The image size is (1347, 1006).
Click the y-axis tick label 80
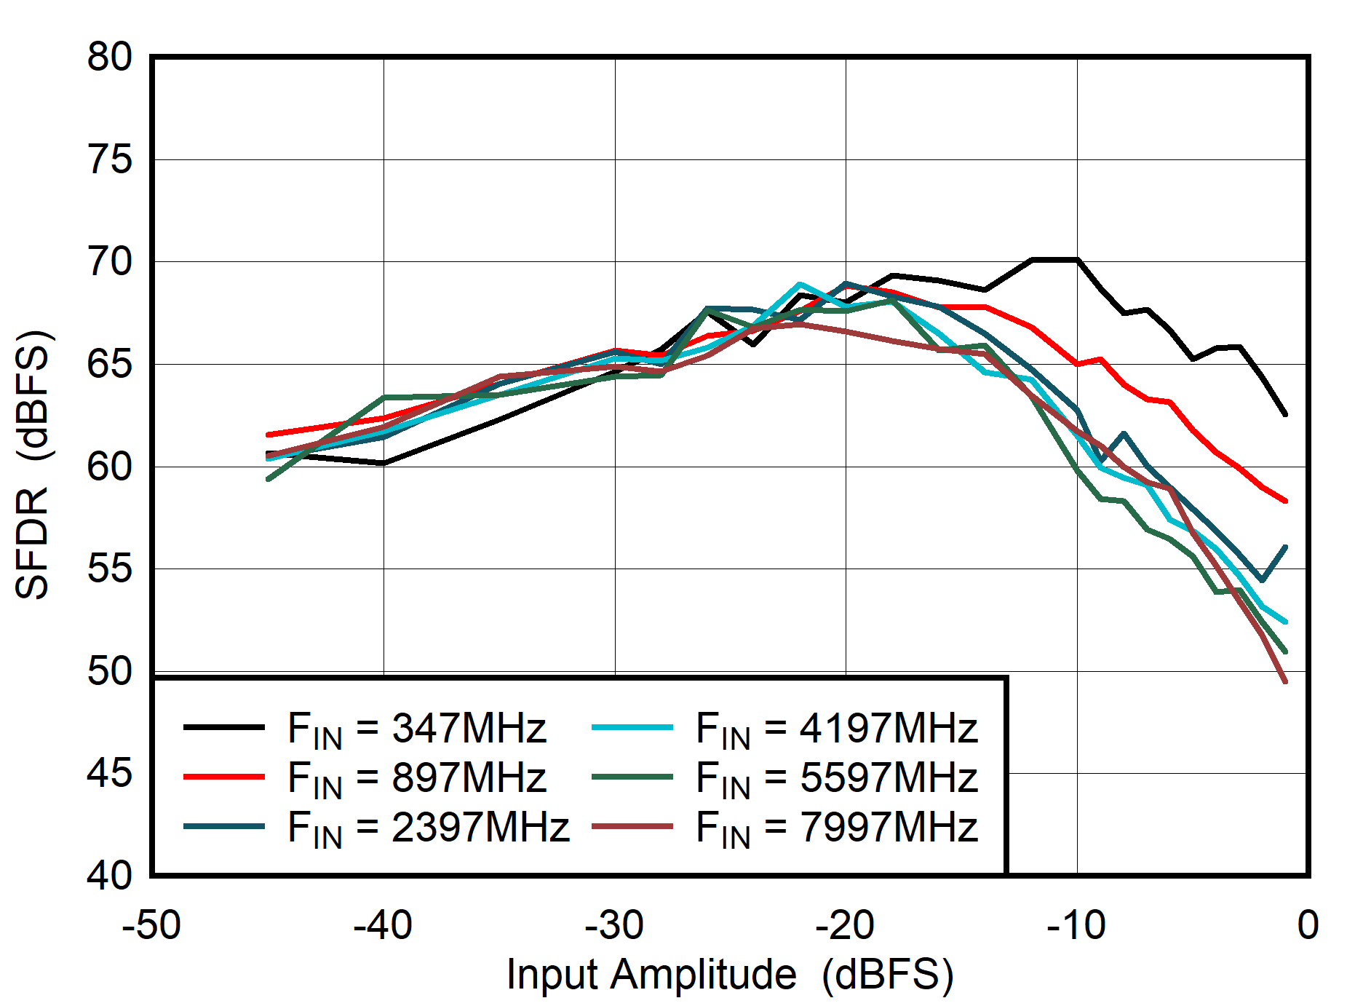109,57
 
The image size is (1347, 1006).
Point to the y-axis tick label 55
109,569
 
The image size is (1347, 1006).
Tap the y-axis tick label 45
109,773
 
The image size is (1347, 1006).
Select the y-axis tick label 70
109,261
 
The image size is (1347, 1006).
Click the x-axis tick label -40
383,925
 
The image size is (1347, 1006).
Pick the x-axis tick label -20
844,925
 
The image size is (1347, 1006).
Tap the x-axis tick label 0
1308,925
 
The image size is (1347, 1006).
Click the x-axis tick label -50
151,925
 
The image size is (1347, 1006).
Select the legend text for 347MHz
416,728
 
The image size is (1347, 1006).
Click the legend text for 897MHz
416,777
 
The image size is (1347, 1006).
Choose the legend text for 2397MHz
428,828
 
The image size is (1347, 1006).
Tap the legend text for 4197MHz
836,728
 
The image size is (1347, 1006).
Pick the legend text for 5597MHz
836,777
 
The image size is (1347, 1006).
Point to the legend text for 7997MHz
836,828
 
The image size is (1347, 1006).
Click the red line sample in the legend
223,777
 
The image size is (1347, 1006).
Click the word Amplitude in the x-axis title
703,974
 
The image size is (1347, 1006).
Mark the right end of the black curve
1286,414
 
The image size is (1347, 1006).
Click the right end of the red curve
1286,501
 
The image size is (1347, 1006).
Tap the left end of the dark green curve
269,479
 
